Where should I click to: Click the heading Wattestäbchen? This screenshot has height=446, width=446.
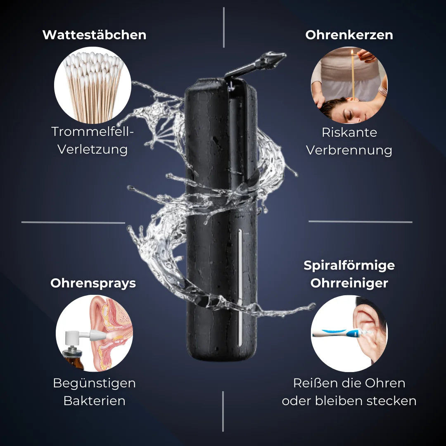point(94,35)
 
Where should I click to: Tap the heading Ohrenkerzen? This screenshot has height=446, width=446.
point(349,35)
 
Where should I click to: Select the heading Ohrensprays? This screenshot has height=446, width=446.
point(93,283)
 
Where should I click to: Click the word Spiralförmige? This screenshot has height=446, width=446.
point(349,266)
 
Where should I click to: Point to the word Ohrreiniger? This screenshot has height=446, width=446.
point(349,283)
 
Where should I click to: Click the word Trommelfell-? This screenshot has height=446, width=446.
point(93,132)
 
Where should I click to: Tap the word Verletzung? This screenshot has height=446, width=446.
point(93,149)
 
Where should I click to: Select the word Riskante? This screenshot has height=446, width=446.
point(349,132)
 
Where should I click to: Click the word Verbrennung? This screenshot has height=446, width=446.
point(349,150)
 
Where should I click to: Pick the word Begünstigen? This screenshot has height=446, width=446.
point(94,383)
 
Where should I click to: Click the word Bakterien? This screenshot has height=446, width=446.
point(94,401)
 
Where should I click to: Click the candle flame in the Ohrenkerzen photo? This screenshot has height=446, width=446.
point(352,52)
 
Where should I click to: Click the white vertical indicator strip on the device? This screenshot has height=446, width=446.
point(240,287)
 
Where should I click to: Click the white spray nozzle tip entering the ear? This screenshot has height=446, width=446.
point(97,335)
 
